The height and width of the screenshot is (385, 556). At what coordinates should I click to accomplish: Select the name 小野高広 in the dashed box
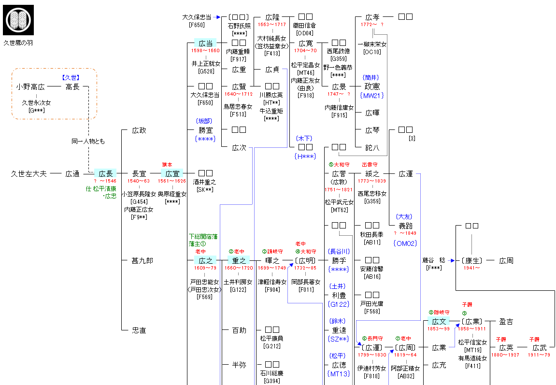click(30, 87)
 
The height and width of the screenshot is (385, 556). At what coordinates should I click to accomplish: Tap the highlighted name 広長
click(105, 173)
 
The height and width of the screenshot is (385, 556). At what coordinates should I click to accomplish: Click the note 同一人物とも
click(88, 142)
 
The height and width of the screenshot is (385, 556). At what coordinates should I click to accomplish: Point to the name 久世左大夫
click(29, 173)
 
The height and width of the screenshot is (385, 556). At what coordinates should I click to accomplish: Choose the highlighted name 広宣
click(172, 173)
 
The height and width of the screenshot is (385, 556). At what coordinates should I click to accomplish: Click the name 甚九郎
click(143, 261)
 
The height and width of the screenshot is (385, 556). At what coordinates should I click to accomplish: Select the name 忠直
click(139, 330)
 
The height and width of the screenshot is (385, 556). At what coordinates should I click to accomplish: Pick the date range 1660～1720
click(238, 269)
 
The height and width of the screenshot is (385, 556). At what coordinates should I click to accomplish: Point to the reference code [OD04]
click(305, 33)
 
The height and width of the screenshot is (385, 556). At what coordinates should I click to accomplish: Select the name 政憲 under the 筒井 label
click(372, 87)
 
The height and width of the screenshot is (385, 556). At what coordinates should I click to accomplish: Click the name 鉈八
click(372, 148)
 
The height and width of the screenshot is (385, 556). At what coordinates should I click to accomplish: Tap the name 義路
click(406, 226)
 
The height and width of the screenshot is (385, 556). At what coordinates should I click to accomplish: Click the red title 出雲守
click(370, 165)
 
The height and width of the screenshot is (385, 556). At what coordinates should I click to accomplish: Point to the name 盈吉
click(506, 321)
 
